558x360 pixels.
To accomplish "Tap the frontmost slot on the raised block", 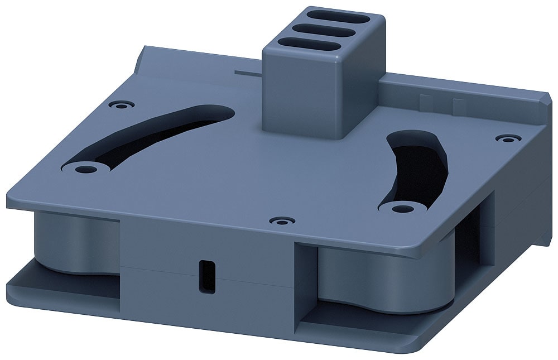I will (x=309, y=45).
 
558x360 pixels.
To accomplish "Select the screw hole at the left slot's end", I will (x=84, y=167).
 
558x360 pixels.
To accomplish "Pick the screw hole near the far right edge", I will (x=506, y=138).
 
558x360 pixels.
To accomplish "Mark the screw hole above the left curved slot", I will (x=122, y=104).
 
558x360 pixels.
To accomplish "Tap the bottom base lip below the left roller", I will (x=61, y=290).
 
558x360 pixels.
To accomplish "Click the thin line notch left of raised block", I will (x=249, y=72).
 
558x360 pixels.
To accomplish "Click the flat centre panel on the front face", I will (x=206, y=246).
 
